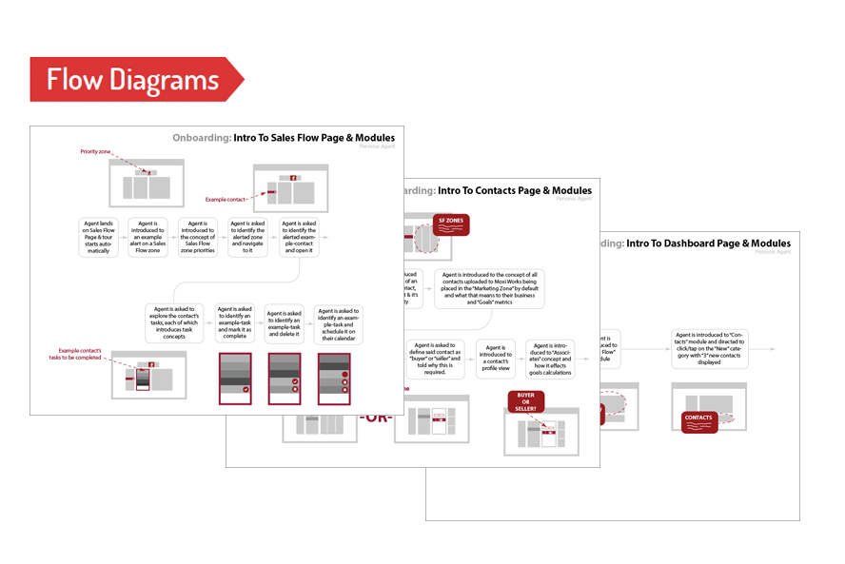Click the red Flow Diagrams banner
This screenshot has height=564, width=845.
coord(133,79)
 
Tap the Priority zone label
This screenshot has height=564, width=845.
coord(97,151)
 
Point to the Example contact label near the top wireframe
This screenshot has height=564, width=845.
coord(226,200)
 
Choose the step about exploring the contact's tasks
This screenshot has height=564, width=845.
coord(175,323)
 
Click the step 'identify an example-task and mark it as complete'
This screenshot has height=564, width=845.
coord(234,323)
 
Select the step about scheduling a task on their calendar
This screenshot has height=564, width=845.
coord(338,323)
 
